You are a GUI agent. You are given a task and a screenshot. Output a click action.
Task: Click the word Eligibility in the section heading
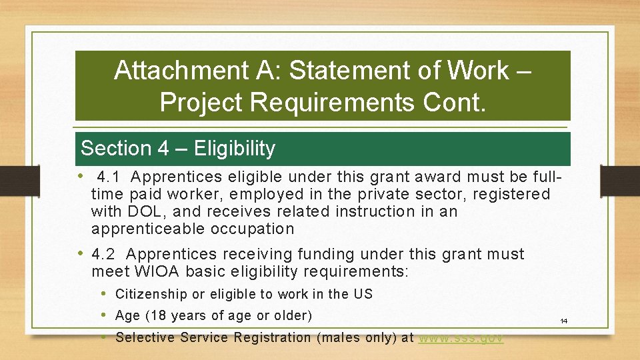coord(234,149)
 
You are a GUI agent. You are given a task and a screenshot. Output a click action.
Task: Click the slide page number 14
coord(563,321)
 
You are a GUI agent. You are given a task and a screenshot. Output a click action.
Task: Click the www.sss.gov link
coord(461,338)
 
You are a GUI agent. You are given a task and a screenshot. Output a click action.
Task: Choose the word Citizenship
coord(151,294)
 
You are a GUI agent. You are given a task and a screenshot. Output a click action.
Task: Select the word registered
coord(511,195)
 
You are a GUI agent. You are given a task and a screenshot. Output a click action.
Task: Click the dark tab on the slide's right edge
coord(620,180)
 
